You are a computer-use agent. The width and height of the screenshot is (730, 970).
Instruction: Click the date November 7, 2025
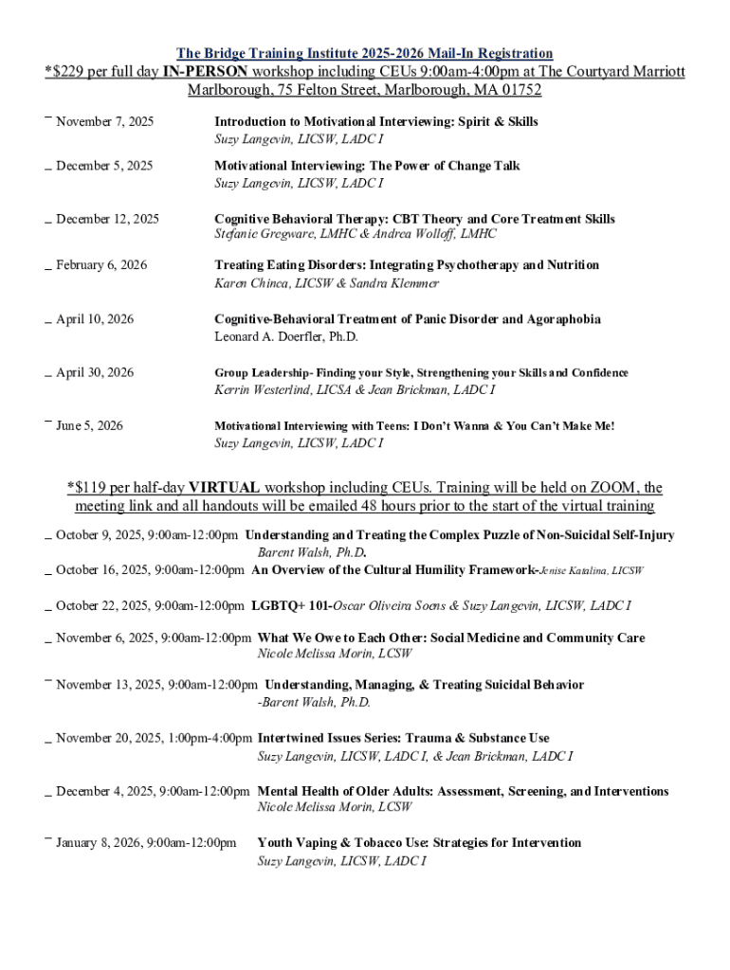(104, 122)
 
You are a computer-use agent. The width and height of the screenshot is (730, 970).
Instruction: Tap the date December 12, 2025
(107, 220)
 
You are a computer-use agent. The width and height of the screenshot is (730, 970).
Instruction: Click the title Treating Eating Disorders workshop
(407, 265)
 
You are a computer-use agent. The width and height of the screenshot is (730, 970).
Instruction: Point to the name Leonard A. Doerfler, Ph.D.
(286, 336)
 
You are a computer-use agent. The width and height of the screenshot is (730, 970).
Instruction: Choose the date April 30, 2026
(95, 373)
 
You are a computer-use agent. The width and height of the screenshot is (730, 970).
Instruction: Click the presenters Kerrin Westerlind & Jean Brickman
(355, 389)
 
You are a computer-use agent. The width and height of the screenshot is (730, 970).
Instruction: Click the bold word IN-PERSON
(205, 72)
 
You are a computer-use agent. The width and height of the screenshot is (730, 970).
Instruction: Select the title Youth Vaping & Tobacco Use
(419, 843)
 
